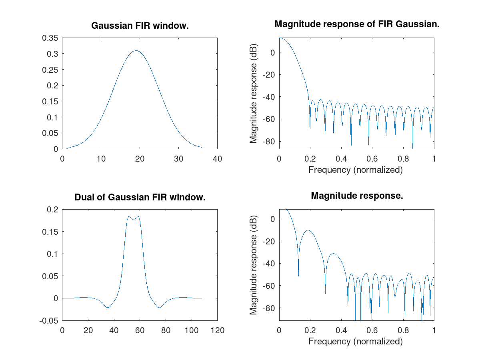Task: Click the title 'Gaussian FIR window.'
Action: coord(140,26)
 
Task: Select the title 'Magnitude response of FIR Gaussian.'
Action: coord(357,24)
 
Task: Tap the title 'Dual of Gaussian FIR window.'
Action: coord(140,197)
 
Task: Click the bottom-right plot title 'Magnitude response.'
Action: coord(357,196)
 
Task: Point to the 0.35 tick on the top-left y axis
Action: coord(51,38)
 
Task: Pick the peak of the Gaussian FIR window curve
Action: coord(136,50)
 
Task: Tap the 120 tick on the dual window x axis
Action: coord(217,330)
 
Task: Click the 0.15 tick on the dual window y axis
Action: coord(51,232)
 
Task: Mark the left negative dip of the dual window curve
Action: coord(108,308)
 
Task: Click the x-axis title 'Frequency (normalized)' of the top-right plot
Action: coord(356,170)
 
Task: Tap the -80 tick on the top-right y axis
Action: coord(267,141)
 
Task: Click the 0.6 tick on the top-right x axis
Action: coord(372,159)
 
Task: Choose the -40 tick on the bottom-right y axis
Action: coord(267,263)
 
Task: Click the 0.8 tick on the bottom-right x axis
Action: coord(403,330)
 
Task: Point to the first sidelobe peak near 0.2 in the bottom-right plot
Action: coord(308,230)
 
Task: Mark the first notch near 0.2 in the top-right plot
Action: coord(310,128)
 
